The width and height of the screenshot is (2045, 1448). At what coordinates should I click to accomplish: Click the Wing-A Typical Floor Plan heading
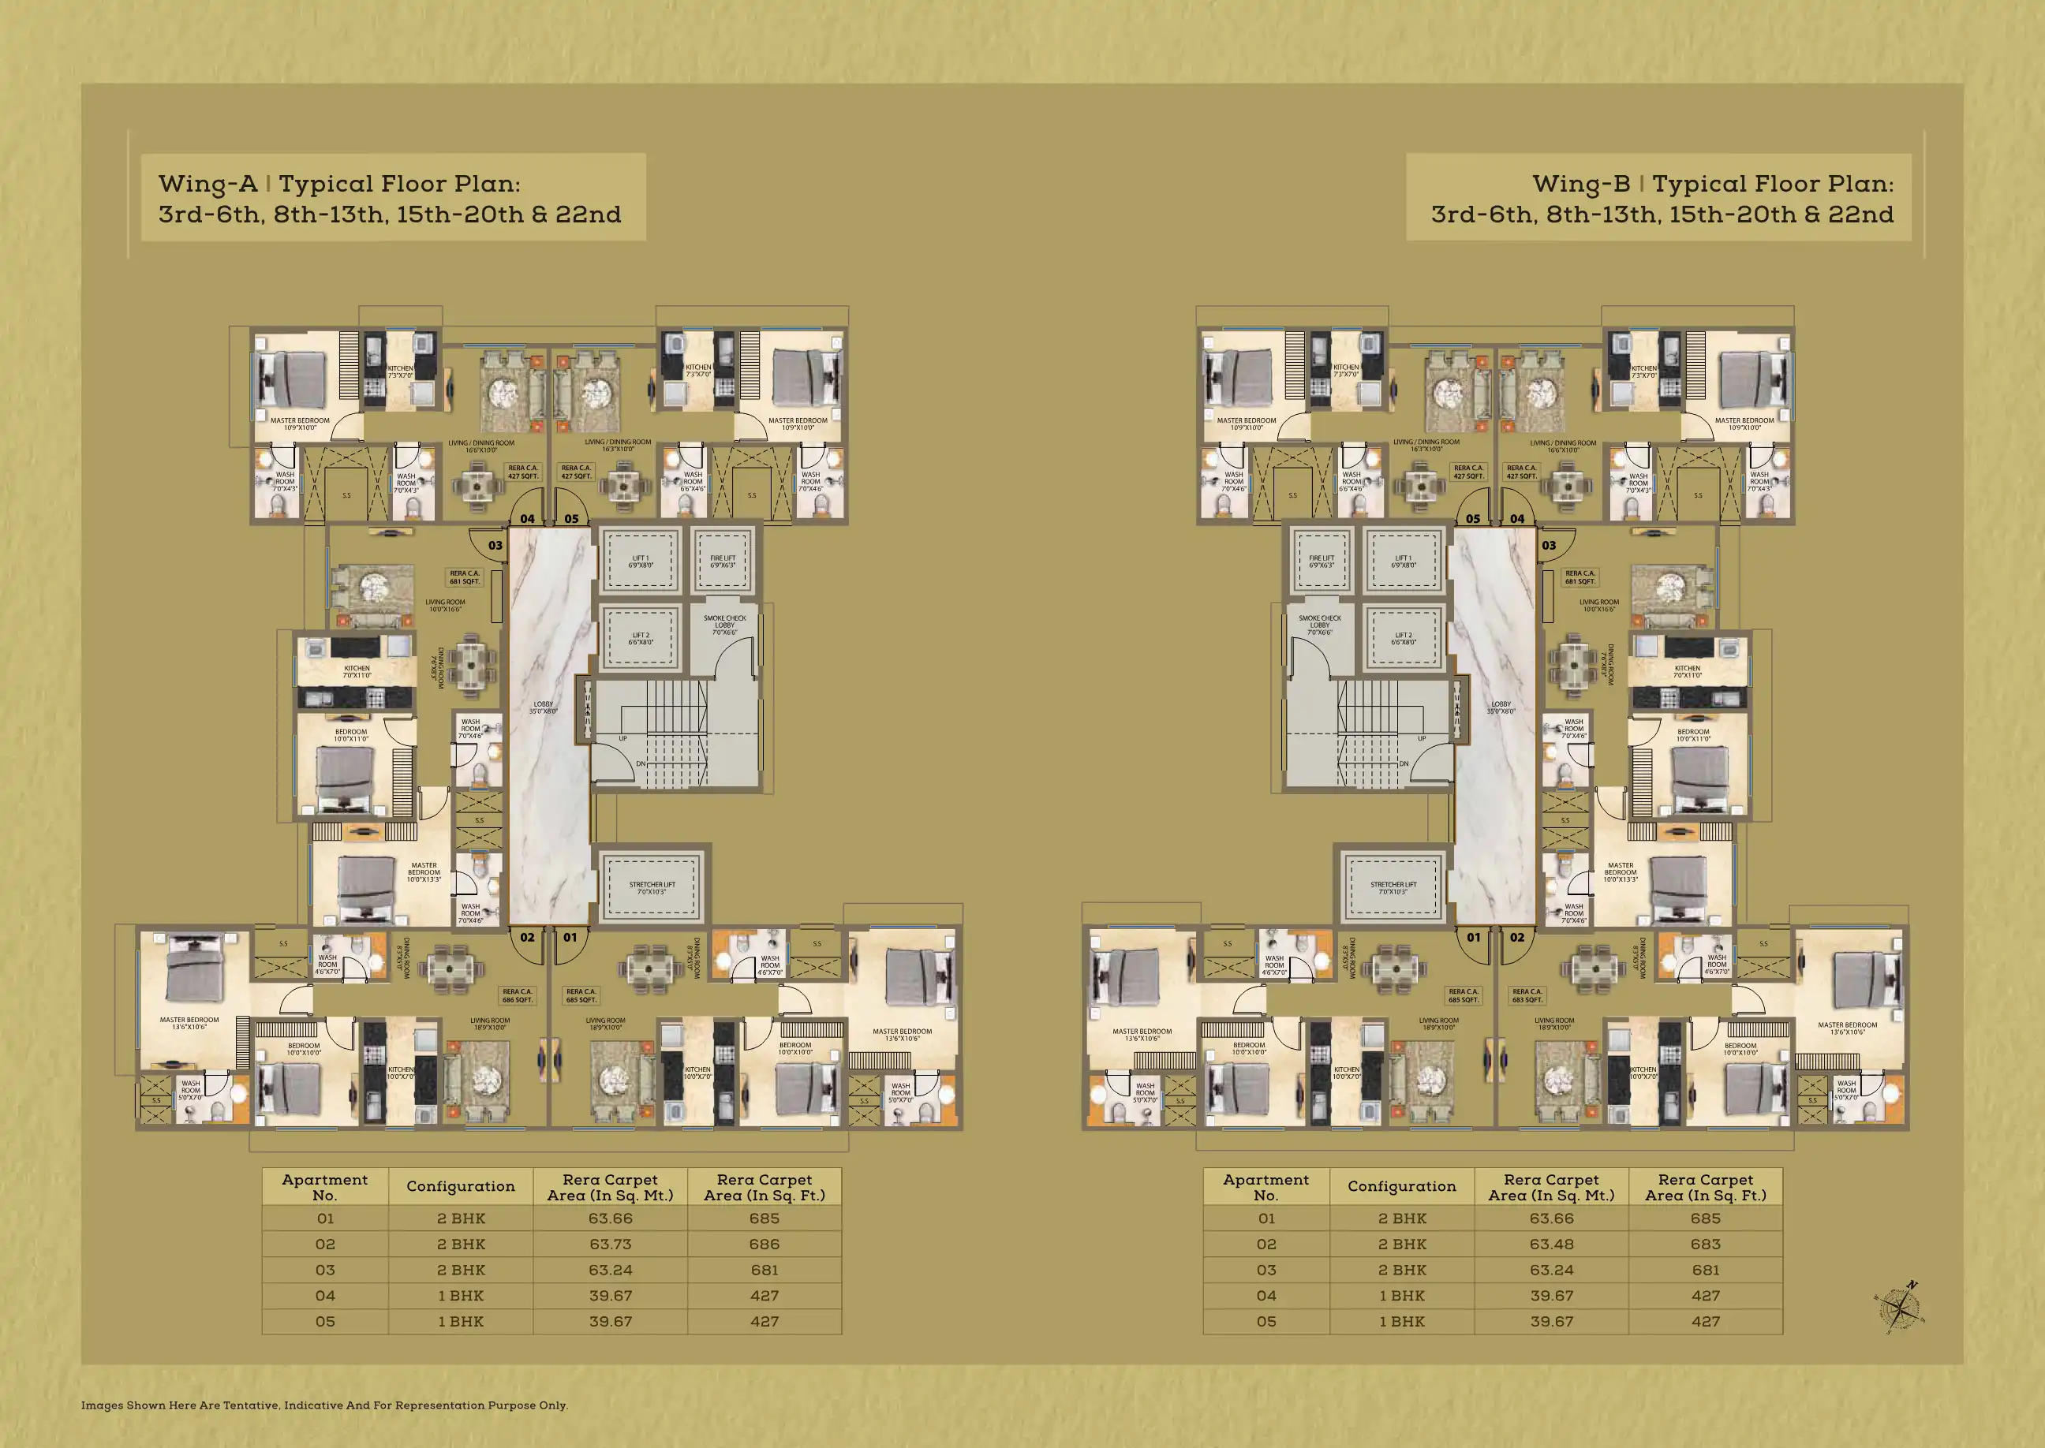coord(391,198)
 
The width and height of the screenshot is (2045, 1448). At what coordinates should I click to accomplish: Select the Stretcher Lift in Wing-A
coord(652,888)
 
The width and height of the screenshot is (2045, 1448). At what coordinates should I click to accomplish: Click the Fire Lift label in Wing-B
coord(1321,562)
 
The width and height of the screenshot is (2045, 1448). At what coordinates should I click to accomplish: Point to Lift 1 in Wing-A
coord(641,562)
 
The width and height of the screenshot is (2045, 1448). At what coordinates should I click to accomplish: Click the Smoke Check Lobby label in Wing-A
coord(724,624)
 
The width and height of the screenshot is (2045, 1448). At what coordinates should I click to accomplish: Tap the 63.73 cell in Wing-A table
coord(610,1244)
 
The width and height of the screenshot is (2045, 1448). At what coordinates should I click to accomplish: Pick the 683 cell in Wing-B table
coord(1705,1244)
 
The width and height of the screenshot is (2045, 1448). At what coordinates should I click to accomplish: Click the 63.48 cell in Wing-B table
coord(1551,1244)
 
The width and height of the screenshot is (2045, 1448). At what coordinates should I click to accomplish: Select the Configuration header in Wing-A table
coord(460,1187)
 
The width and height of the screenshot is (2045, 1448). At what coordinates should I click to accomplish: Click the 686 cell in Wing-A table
coord(765,1244)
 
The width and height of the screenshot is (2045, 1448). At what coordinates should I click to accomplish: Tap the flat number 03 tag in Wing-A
coord(495,546)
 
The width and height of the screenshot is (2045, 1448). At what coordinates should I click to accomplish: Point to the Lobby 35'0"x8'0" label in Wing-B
coord(1501,707)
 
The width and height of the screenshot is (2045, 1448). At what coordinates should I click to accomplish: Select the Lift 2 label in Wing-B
coord(1403,638)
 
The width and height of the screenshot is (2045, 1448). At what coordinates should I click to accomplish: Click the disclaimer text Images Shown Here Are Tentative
coord(323,1405)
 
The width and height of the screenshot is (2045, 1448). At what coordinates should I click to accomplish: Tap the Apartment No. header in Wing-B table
coord(1266,1187)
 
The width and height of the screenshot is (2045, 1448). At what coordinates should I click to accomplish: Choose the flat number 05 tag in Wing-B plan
coord(1472,519)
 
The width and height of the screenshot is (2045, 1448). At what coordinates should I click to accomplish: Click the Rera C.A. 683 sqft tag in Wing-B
coord(1527,995)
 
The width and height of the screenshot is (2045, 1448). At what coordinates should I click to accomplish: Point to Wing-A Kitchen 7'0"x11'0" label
coord(357,671)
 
